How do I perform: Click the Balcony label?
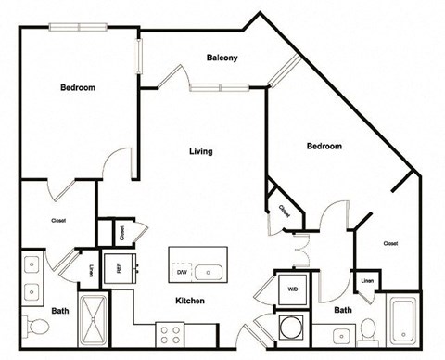click(222, 58)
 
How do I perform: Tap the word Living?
click(200, 151)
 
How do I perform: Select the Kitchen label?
click(189, 302)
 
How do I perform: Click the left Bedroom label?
click(78, 87)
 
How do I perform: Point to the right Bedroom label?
click(324, 147)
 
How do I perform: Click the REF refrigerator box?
click(120, 270)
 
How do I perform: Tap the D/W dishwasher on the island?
click(182, 272)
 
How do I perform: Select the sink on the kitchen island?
click(211, 272)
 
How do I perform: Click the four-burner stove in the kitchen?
click(171, 333)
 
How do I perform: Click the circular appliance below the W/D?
click(292, 328)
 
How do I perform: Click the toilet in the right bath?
click(366, 330)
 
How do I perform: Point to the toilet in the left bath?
click(38, 328)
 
